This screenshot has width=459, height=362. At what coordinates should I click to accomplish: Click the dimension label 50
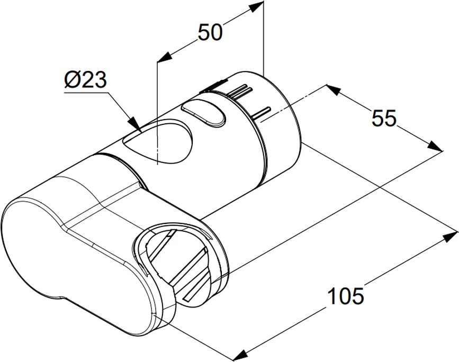click(x=210, y=32)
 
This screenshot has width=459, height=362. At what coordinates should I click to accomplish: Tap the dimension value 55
click(x=384, y=118)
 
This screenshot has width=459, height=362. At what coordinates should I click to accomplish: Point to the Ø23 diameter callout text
click(x=85, y=80)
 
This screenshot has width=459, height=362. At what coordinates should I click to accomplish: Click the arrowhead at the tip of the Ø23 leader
click(x=135, y=124)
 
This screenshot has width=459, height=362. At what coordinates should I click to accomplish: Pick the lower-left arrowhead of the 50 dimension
click(x=165, y=57)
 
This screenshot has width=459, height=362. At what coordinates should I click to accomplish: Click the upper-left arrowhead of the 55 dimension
click(x=333, y=90)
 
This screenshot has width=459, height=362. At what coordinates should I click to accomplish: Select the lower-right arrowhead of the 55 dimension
click(x=436, y=146)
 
